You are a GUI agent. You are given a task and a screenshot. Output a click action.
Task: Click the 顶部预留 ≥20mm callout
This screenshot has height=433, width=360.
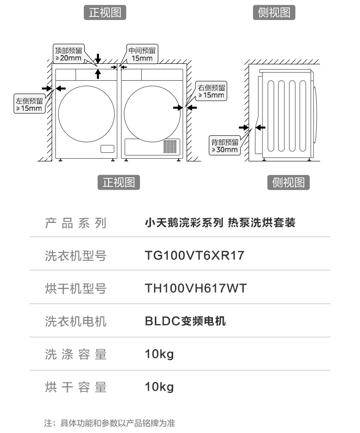pyautogui.click(x=68, y=54)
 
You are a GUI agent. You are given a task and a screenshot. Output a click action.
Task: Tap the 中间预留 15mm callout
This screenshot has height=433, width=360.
pyautogui.click(x=142, y=54)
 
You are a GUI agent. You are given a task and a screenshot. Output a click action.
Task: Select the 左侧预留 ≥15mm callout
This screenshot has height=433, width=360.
pyautogui.click(x=29, y=104)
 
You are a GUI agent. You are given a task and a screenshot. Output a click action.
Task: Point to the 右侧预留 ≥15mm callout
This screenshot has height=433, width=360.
pyautogui.click(x=211, y=91)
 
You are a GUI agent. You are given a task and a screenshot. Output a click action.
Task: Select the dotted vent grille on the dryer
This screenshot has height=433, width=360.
pyautogui.click(x=170, y=146)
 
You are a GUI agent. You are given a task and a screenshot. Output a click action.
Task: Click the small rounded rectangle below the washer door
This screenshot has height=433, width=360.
pyautogui.click(x=107, y=149)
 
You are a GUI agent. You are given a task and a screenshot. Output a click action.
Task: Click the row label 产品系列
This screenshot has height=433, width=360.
pyautogui.click(x=76, y=223)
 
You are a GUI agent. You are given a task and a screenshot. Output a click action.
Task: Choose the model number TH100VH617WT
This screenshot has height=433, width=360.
pyautogui.click(x=195, y=289)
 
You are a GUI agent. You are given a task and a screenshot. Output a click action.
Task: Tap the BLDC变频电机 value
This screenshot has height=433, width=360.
pyautogui.click(x=185, y=321)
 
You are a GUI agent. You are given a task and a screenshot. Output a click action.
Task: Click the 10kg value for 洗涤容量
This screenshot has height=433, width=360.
pyautogui.click(x=159, y=354)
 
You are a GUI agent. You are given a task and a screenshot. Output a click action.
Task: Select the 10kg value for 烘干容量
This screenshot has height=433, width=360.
pyautogui.click(x=159, y=387)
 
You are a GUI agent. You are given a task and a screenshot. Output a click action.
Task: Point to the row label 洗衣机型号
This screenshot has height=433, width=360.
pyautogui.click(x=76, y=256)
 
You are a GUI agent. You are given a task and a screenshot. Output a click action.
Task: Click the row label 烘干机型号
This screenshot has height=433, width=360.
pyautogui.click(x=76, y=289)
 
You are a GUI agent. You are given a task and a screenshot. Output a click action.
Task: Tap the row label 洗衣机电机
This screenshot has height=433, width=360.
pyautogui.click(x=76, y=321)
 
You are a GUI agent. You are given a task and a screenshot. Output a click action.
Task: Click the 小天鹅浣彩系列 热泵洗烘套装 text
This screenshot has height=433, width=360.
pyautogui.click(x=220, y=223)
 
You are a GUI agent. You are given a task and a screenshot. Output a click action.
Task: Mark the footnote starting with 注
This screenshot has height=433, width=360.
pyautogui.click(x=109, y=423)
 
